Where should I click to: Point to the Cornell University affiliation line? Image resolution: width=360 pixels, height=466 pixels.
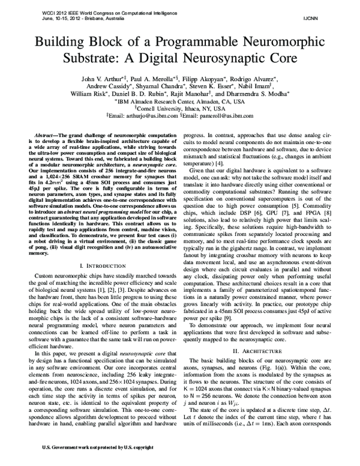coord(179,109)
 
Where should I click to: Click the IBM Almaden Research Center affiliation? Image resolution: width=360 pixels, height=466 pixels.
coord(179,101)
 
